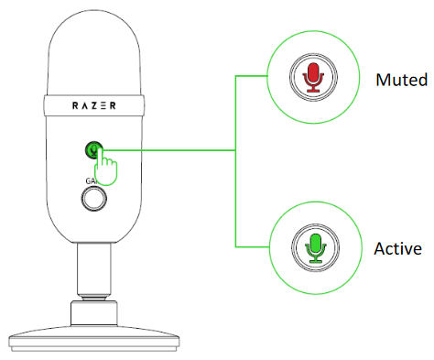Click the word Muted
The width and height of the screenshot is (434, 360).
(401, 80)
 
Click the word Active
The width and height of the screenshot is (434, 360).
(397, 248)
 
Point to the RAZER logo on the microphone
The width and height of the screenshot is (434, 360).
(93, 105)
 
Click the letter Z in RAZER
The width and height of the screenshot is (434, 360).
(93, 105)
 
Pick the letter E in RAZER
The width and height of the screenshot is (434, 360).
(103, 105)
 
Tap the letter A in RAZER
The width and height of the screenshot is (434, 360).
(83, 105)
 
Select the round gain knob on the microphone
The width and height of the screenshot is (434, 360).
(93, 202)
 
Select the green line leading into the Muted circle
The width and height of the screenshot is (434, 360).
(252, 78)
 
